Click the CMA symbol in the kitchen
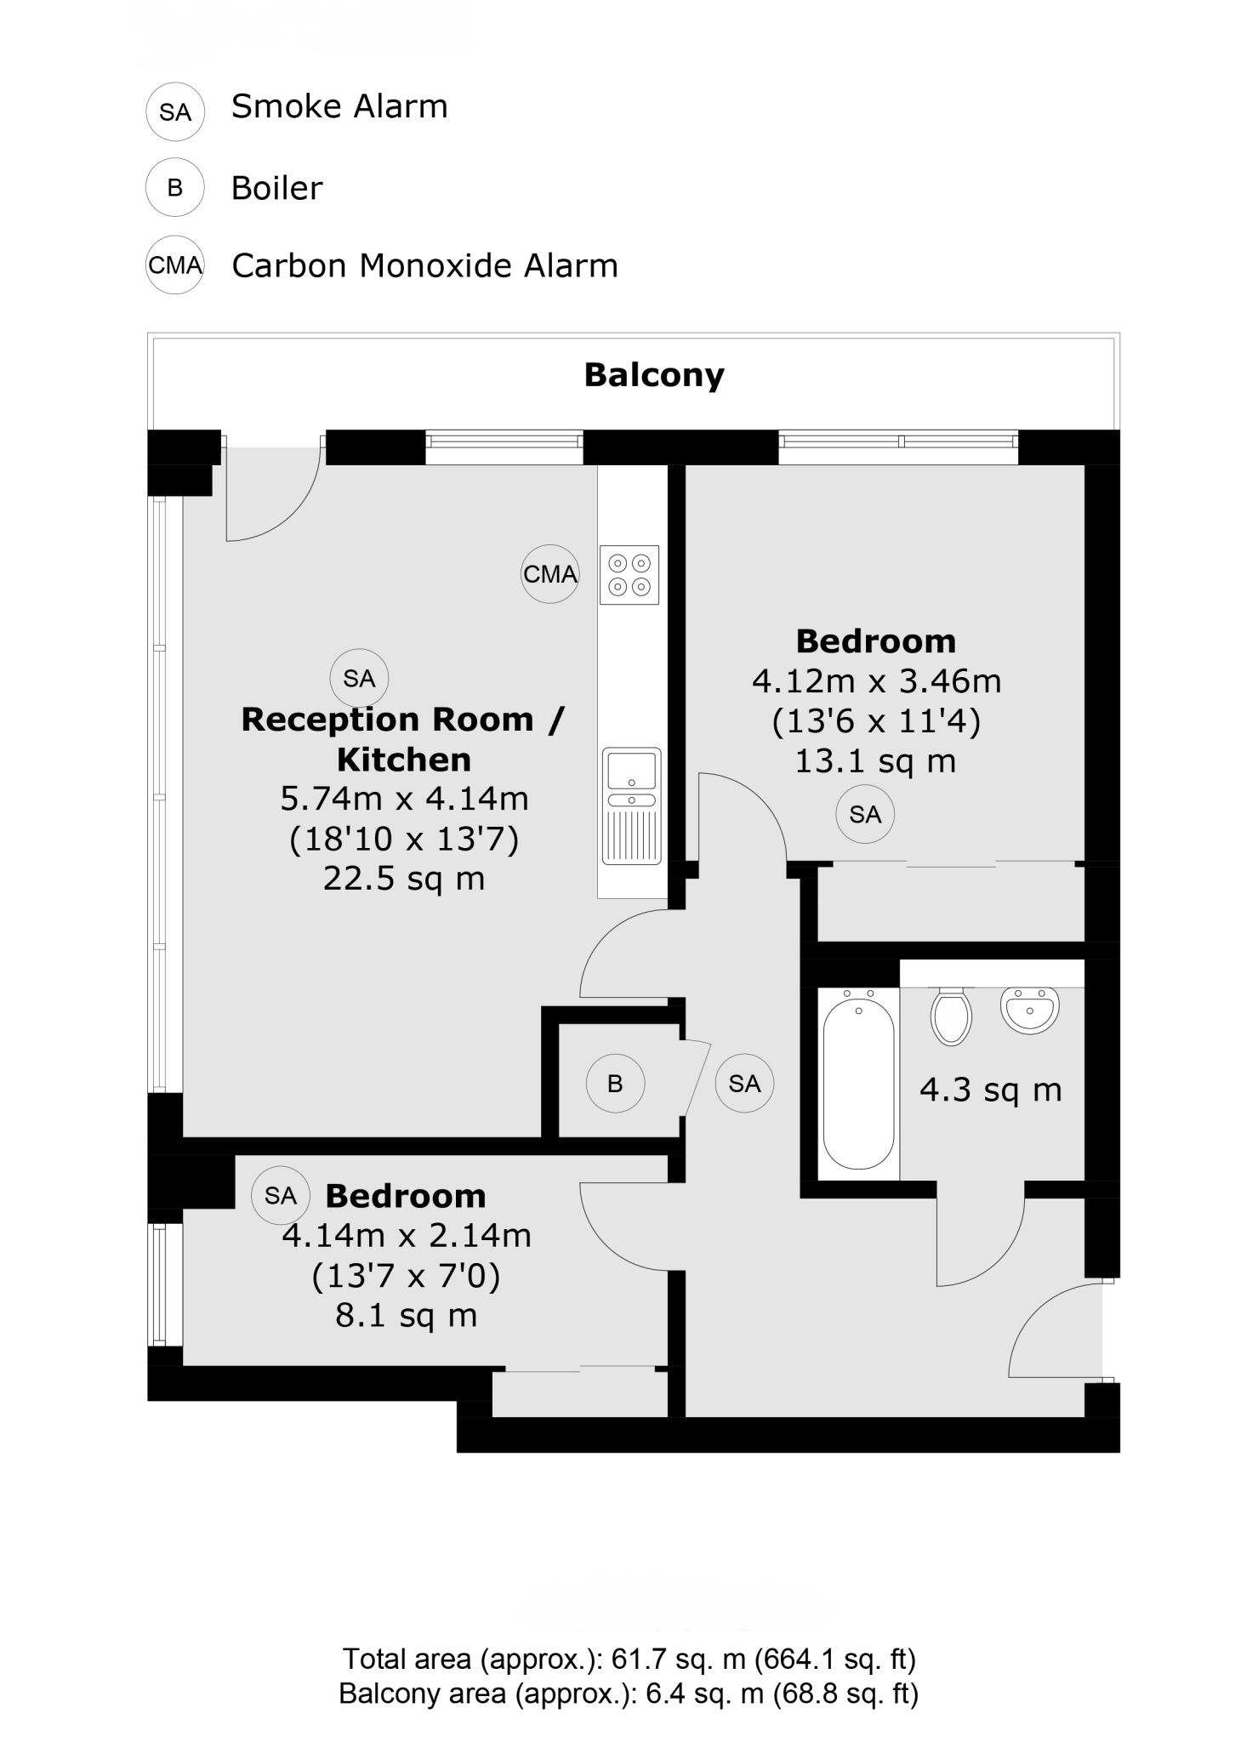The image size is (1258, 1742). coord(550,574)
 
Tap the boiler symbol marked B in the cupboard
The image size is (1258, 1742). coord(615,1083)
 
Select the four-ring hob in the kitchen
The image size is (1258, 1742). coord(629,574)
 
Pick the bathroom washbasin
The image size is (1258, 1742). coord(1029,1010)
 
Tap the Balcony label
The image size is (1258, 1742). coord(654,374)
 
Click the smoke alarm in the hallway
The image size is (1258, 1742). coord(744,1083)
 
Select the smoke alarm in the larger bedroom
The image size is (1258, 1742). coord(865,814)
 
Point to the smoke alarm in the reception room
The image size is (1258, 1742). coord(359,678)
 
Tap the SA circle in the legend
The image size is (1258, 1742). coord(175,111)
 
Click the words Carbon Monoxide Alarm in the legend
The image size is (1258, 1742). coord(424,265)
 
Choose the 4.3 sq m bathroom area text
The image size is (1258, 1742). coord(991,1090)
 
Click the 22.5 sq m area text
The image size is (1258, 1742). coord(404,878)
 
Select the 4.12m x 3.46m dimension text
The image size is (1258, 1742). coord(876,680)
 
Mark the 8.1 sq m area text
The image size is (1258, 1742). coord(407,1315)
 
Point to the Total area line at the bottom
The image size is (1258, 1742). coord(629,1658)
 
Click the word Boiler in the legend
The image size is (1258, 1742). coord(277,188)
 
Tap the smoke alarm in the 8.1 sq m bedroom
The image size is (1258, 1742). coord(281,1195)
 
